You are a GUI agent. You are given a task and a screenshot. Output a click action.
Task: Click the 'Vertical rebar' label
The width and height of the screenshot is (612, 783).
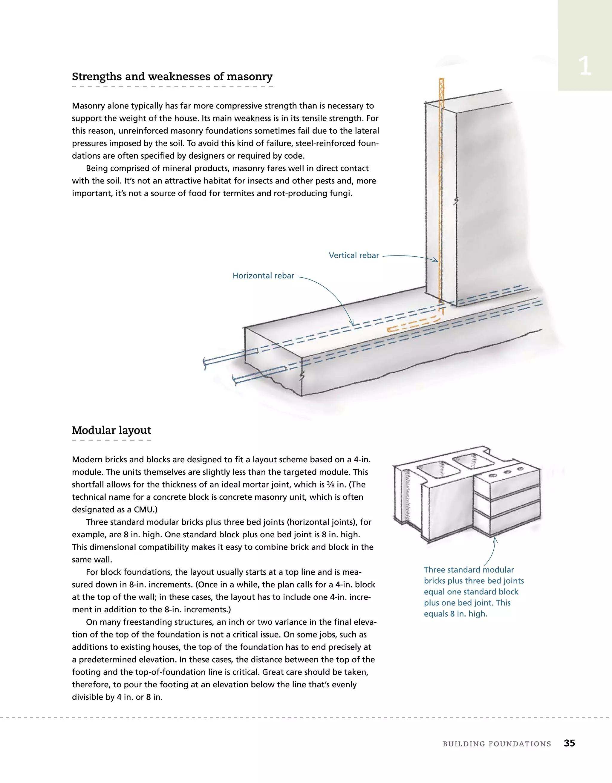[354, 255]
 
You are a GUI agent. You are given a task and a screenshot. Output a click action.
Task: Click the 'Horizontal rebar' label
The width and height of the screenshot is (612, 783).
[263, 276]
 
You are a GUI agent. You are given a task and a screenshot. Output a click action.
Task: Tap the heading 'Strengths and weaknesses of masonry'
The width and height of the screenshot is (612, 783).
[172, 77]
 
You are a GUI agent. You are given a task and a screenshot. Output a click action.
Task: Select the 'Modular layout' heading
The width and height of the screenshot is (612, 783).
[111, 430]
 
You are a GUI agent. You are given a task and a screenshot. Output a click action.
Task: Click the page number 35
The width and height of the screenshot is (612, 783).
[569, 743]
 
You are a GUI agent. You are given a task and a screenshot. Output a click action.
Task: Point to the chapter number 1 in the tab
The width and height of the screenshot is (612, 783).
[585, 66]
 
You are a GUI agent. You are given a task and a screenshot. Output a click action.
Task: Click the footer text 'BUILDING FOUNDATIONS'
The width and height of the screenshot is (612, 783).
[497, 744]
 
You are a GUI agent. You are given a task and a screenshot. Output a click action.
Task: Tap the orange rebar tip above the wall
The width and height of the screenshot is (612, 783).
[442, 81]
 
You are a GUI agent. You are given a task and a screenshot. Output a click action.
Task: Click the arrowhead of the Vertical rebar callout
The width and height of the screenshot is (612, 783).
[437, 260]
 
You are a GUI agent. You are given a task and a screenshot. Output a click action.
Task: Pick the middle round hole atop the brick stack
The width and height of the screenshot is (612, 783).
[507, 472]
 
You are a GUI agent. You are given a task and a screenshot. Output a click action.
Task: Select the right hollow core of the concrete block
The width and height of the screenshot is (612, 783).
[471, 461]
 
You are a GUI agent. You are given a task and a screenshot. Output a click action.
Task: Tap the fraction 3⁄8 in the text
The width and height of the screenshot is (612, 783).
[331, 485]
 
